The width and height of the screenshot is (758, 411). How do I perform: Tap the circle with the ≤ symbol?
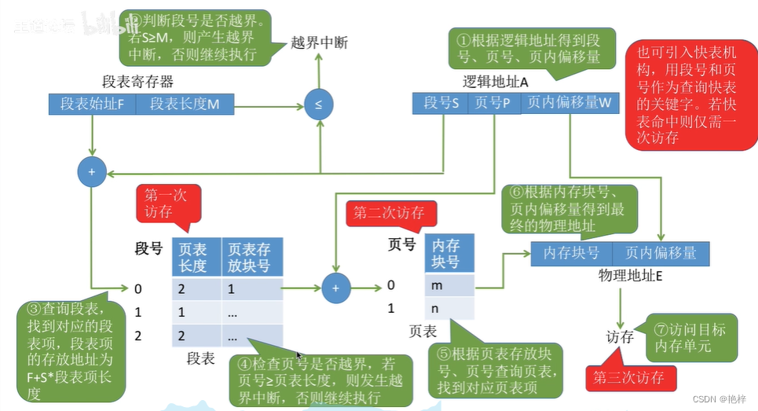click(318, 104)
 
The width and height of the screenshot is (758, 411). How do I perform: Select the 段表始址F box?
click(92, 104)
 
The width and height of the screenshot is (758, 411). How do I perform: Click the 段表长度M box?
click(185, 104)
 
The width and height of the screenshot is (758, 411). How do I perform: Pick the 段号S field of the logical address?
click(441, 102)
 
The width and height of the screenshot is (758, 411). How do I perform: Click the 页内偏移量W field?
click(568, 102)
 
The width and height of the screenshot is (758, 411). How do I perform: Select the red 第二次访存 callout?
click(388, 212)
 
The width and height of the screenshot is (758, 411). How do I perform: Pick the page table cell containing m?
click(450, 284)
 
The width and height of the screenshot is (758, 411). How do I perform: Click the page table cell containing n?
click(450, 307)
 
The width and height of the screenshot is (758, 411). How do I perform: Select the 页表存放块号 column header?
click(251, 257)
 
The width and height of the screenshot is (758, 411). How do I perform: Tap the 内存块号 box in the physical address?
click(571, 253)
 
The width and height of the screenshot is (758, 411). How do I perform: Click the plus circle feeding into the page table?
click(335, 288)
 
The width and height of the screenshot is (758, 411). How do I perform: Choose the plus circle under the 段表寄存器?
click(92, 171)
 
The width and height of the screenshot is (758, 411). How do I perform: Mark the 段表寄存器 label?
click(137, 82)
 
